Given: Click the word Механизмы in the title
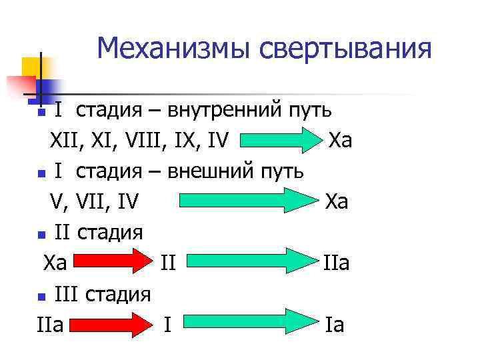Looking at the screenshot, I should point(172,48).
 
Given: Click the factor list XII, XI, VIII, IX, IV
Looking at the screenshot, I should point(140,141).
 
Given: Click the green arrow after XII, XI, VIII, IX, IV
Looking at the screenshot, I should point(280,141).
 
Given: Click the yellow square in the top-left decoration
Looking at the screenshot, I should point(32,69).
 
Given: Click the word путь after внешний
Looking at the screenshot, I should point(281,171).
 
